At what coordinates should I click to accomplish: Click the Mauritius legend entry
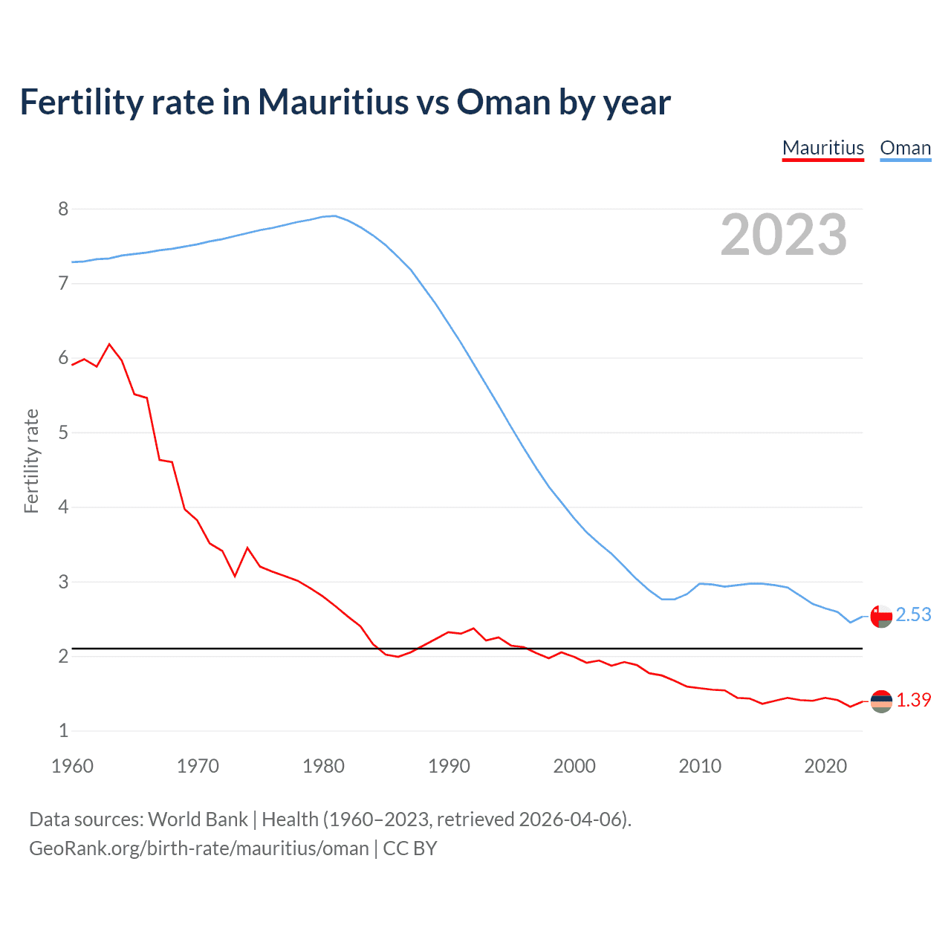pyautogui.click(x=822, y=148)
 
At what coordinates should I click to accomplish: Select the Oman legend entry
pyautogui.click(x=905, y=148)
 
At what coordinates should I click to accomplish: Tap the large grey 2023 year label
pyautogui.click(x=784, y=235)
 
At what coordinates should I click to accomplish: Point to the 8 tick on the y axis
pyautogui.click(x=63, y=209)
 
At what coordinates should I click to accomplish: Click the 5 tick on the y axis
pyautogui.click(x=63, y=432)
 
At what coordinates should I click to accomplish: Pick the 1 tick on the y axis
pyautogui.click(x=63, y=730)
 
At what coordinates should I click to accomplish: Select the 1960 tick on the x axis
pyautogui.click(x=72, y=766)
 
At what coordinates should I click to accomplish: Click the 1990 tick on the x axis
pyautogui.click(x=449, y=766)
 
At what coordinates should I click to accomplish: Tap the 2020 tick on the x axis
pyautogui.click(x=825, y=766)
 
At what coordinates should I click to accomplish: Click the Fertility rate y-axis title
pyautogui.click(x=31, y=461)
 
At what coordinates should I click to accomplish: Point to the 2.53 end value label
pyautogui.click(x=913, y=615)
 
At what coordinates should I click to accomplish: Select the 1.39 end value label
pyautogui.click(x=913, y=700)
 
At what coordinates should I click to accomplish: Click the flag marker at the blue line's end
pyautogui.click(x=881, y=617)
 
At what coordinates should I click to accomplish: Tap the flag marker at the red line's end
pyautogui.click(x=881, y=701)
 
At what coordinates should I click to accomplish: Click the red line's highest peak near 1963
pyautogui.click(x=110, y=344)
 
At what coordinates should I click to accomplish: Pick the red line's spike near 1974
pyautogui.click(x=247, y=548)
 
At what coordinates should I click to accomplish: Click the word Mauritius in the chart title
pyautogui.click(x=333, y=102)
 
